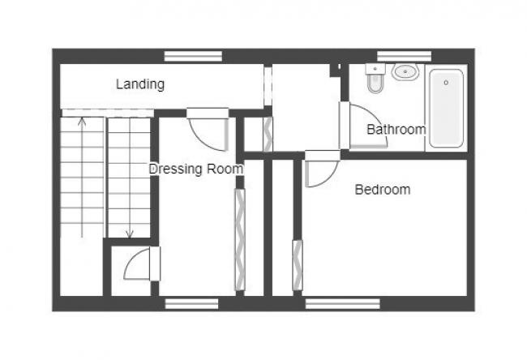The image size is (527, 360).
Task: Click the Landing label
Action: [140, 84]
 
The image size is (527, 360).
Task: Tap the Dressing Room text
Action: [195, 169]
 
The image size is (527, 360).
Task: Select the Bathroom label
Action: [396, 129]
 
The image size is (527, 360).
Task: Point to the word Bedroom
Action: [383, 190]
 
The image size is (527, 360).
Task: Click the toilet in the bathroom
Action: [375, 79]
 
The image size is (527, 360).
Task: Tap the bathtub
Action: [446, 107]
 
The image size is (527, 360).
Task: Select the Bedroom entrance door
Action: [320, 171]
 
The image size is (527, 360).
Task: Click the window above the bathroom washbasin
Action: [403, 55]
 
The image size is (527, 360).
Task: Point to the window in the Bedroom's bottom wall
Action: [343, 304]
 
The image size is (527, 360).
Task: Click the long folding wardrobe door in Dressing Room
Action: [239, 239]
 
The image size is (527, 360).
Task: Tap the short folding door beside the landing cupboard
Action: [268, 135]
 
